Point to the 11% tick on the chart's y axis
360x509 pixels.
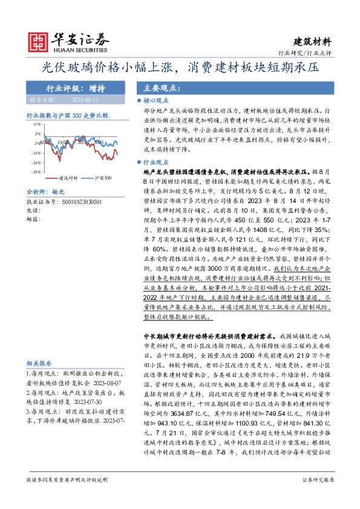click(x=37, y=124)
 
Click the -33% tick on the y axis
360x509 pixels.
click(x=36, y=172)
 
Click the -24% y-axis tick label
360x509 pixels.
click(x=36, y=163)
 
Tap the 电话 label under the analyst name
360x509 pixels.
click(x=33, y=209)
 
